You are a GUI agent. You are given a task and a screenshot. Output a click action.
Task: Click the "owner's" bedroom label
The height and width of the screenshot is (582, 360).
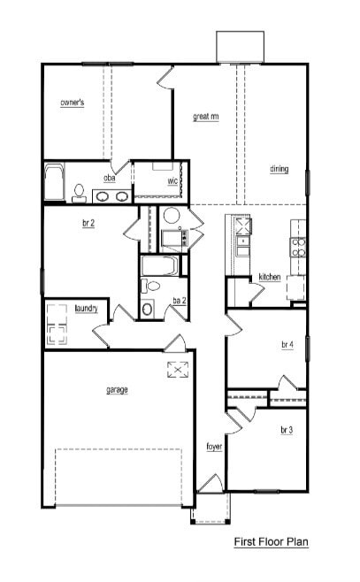coord(72,103)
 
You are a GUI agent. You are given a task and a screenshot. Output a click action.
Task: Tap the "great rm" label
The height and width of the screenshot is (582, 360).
coord(206,116)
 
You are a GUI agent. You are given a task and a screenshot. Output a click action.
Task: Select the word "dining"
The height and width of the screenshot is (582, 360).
coord(280,169)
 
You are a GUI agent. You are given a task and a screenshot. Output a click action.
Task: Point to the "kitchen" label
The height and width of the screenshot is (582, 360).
coord(270,277)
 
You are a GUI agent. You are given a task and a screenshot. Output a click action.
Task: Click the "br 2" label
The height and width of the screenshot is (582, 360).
coord(88,225)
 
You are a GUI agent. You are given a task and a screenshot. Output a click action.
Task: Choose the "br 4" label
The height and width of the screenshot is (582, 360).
coord(287,344)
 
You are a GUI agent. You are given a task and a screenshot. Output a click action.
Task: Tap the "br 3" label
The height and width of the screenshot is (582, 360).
coord(287,430)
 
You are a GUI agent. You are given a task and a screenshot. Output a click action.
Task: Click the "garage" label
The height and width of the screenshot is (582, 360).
coord(117,389)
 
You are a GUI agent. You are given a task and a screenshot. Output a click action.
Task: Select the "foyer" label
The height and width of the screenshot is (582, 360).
coord(214,447)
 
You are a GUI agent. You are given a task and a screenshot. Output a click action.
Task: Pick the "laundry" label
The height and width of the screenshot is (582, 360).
coord(86,308)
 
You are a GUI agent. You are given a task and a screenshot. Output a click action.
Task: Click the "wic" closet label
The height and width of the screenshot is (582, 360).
coord(173,181)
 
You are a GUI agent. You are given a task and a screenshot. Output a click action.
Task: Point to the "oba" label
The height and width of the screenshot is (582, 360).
coord(110,179)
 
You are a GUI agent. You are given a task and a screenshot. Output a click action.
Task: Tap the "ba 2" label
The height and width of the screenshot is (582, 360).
coord(179,301)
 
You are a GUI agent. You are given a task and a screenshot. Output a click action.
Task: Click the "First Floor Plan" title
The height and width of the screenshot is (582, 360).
coord(271,541)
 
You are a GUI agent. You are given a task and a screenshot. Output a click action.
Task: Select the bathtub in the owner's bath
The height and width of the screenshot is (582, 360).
coord(55,182)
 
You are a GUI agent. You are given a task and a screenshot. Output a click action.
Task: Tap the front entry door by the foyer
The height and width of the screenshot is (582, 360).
coord(210,484)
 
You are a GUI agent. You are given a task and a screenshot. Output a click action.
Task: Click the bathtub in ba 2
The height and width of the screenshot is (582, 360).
coord(160,265)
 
